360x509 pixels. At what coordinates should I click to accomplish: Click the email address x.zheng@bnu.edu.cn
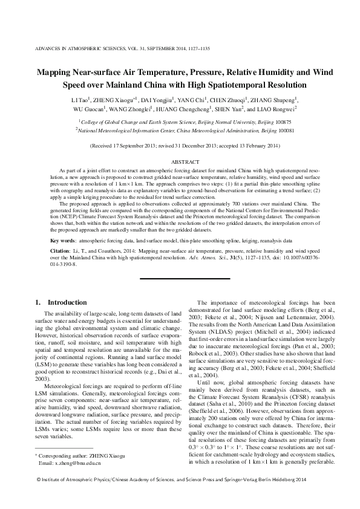pyautogui.click(x=72, y=462)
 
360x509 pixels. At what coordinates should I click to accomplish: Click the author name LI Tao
pyautogui.click(x=80, y=100)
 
